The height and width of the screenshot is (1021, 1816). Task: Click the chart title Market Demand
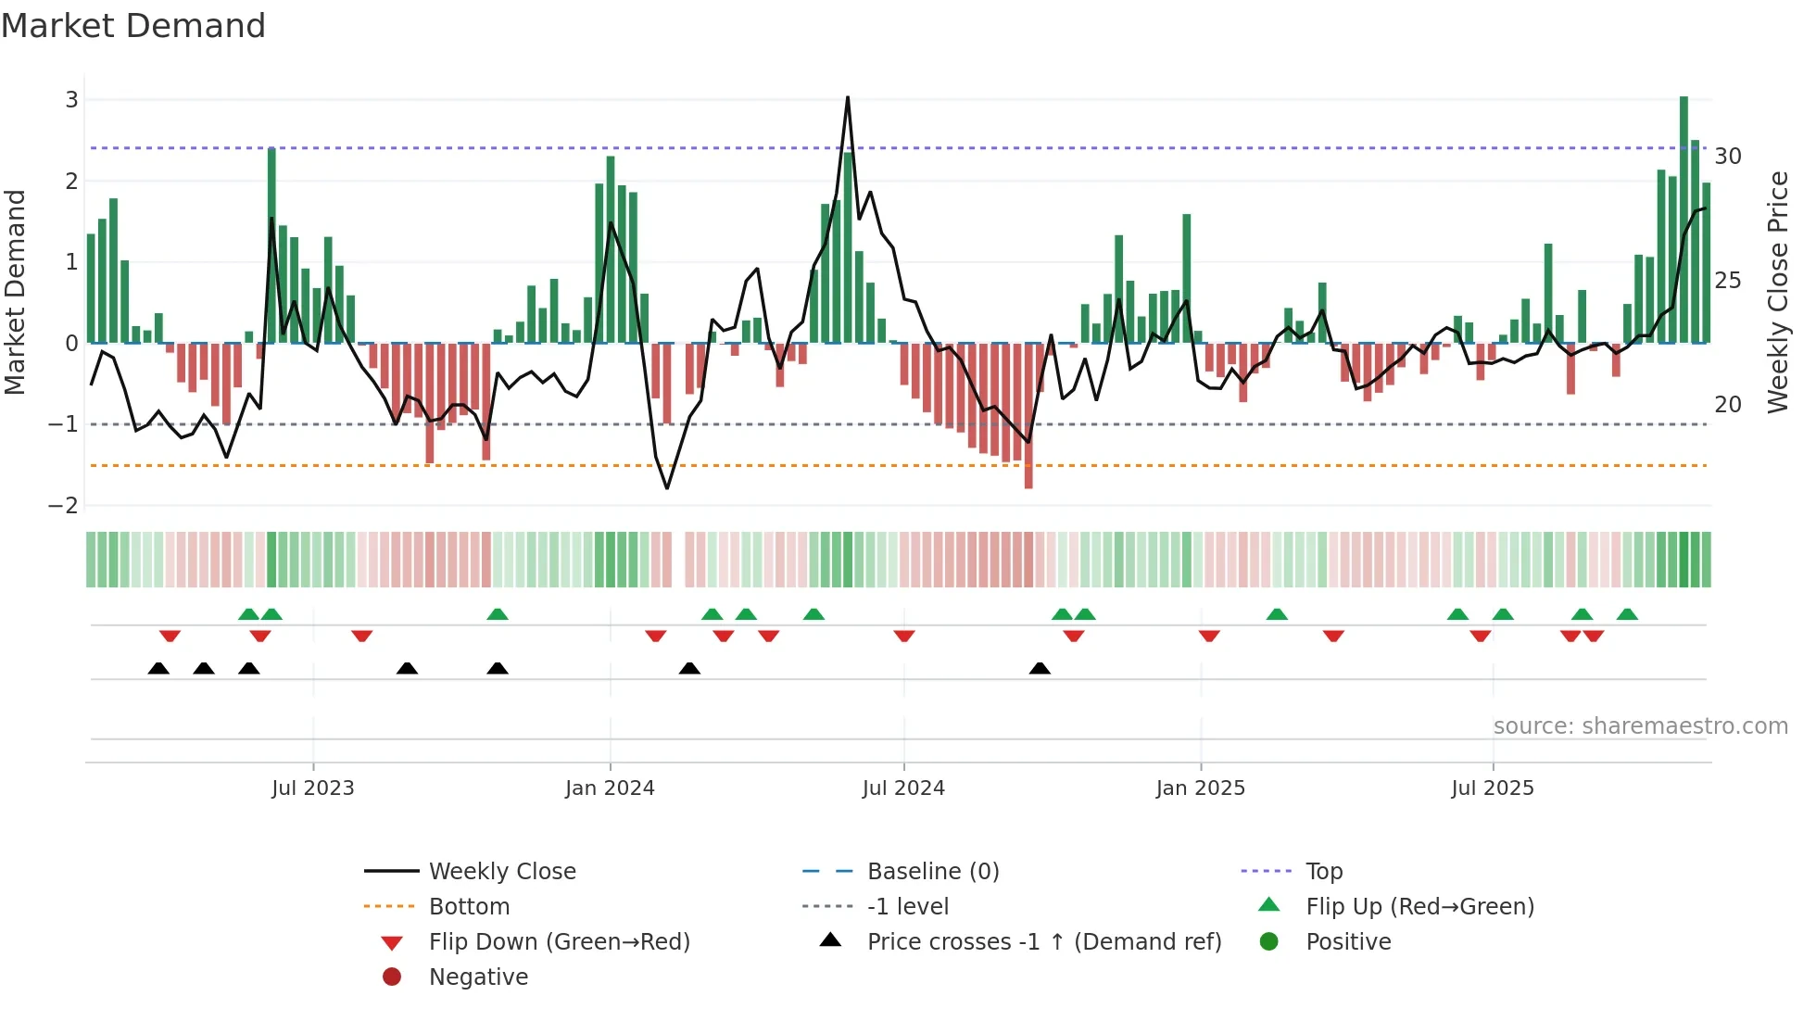point(133,26)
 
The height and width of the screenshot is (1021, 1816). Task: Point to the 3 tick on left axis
point(71,100)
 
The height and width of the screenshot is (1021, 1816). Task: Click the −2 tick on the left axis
point(64,506)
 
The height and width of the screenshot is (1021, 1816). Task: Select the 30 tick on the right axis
point(1728,157)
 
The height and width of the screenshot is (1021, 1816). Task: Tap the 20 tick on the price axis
point(1728,405)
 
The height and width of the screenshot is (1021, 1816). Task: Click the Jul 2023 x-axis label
point(313,788)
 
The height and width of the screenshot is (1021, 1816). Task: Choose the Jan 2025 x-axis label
point(1201,788)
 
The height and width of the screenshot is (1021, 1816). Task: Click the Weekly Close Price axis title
point(1777,292)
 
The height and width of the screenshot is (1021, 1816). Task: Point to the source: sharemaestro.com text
point(1640,726)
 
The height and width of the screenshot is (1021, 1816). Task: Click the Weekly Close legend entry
point(502,872)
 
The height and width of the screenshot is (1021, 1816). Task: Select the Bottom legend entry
point(469,907)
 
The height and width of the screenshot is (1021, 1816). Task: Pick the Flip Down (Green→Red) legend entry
point(559,942)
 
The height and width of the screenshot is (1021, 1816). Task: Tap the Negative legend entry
point(478,977)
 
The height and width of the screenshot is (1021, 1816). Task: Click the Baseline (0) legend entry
point(933,872)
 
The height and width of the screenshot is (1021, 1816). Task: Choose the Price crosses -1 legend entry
point(1044,942)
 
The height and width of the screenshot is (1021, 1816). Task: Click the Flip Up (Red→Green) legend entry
point(1419,907)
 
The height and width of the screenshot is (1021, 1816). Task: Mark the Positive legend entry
point(1348,942)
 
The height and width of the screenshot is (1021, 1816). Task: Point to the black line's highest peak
point(848,98)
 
